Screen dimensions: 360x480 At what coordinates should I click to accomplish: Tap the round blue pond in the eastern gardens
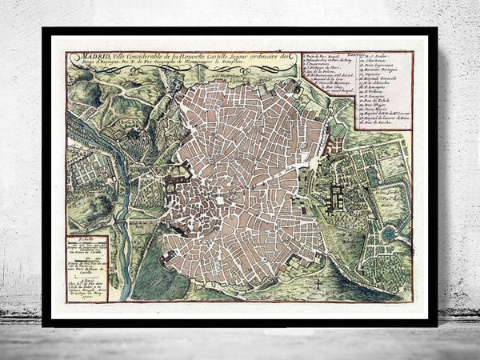point(388,234)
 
